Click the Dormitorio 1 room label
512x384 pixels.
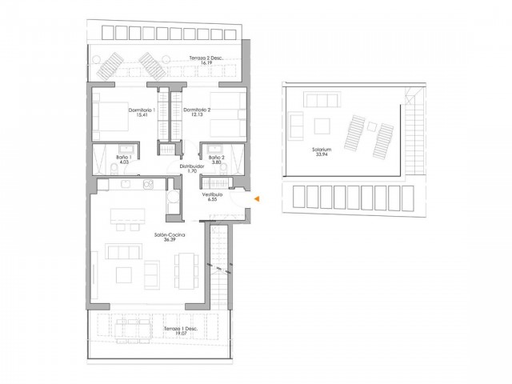pyautogui.click(x=141, y=109)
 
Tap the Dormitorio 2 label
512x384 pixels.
pyautogui.click(x=197, y=109)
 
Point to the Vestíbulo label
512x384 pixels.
pyautogui.click(x=211, y=194)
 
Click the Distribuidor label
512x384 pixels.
pyautogui.click(x=192, y=166)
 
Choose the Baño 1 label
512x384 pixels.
pyautogui.click(x=123, y=158)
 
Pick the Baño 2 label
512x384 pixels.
pyautogui.click(x=215, y=158)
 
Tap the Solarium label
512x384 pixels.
pyautogui.click(x=324, y=149)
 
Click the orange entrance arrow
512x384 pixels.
pyautogui.click(x=257, y=199)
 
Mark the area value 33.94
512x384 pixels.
pyautogui.click(x=324, y=154)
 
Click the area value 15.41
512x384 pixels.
pyautogui.click(x=142, y=115)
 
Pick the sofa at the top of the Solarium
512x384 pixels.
pyautogui.click(x=324, y=101)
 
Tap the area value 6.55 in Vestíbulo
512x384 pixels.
pyautogui.click(x=211, y=200)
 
